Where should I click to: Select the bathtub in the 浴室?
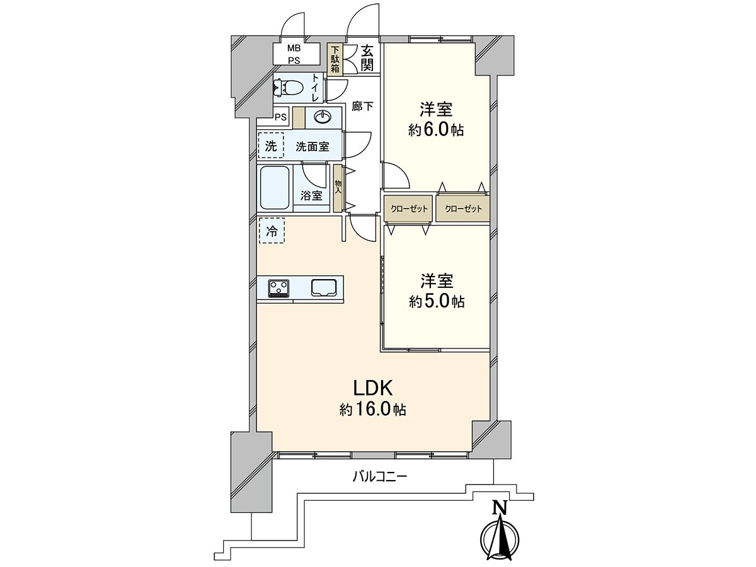click(274, 188)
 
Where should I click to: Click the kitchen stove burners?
click(279, 287)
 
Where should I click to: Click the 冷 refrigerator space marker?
click(272, 231)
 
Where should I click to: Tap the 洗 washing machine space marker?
click(271, 146)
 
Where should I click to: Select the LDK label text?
click(372, 386)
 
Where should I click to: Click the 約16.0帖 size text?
click(372, 410)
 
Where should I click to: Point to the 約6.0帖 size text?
click(436, 130)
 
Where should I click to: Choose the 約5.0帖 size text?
click(436, 302)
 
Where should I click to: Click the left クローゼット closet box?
click(408, 209)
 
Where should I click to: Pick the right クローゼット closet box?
click(462, 209)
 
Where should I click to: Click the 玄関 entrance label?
click(368, 58)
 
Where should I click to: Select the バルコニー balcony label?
click(379, 477)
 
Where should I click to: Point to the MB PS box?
click(294, 54)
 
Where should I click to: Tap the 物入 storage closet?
click(338, 186)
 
